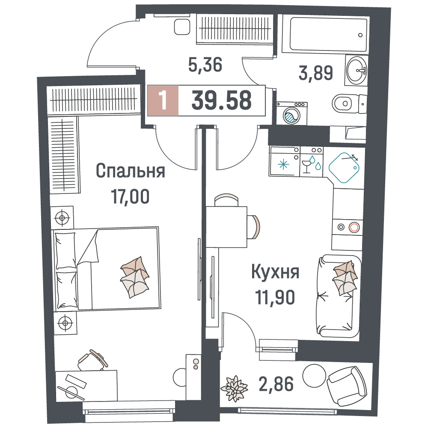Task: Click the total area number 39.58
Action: (x=221, y=100)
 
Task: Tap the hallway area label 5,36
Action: (x=205, y=65)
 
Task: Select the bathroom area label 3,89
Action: (x=316, y=73)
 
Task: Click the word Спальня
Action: (x=131, y=171)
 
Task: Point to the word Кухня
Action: (x=275, y=272)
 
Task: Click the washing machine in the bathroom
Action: (x=292, y=113)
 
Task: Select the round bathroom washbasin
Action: (x=357, y=70)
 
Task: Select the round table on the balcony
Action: (x=315, y=376)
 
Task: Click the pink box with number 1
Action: (x=163, y=101)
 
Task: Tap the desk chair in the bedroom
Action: (x=92, y=360)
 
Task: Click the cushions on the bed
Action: (x=135, y=277)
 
